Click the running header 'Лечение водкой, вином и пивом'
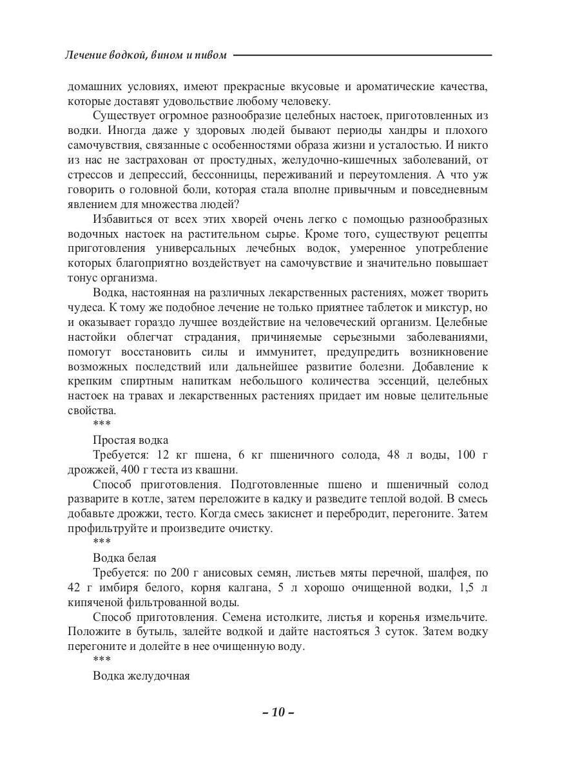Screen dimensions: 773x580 click(146, 55)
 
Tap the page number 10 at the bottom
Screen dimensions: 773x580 click(278, 712)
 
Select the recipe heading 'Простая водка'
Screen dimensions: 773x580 click(131, 440)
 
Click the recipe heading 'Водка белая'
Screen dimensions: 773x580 click(124, 557)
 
